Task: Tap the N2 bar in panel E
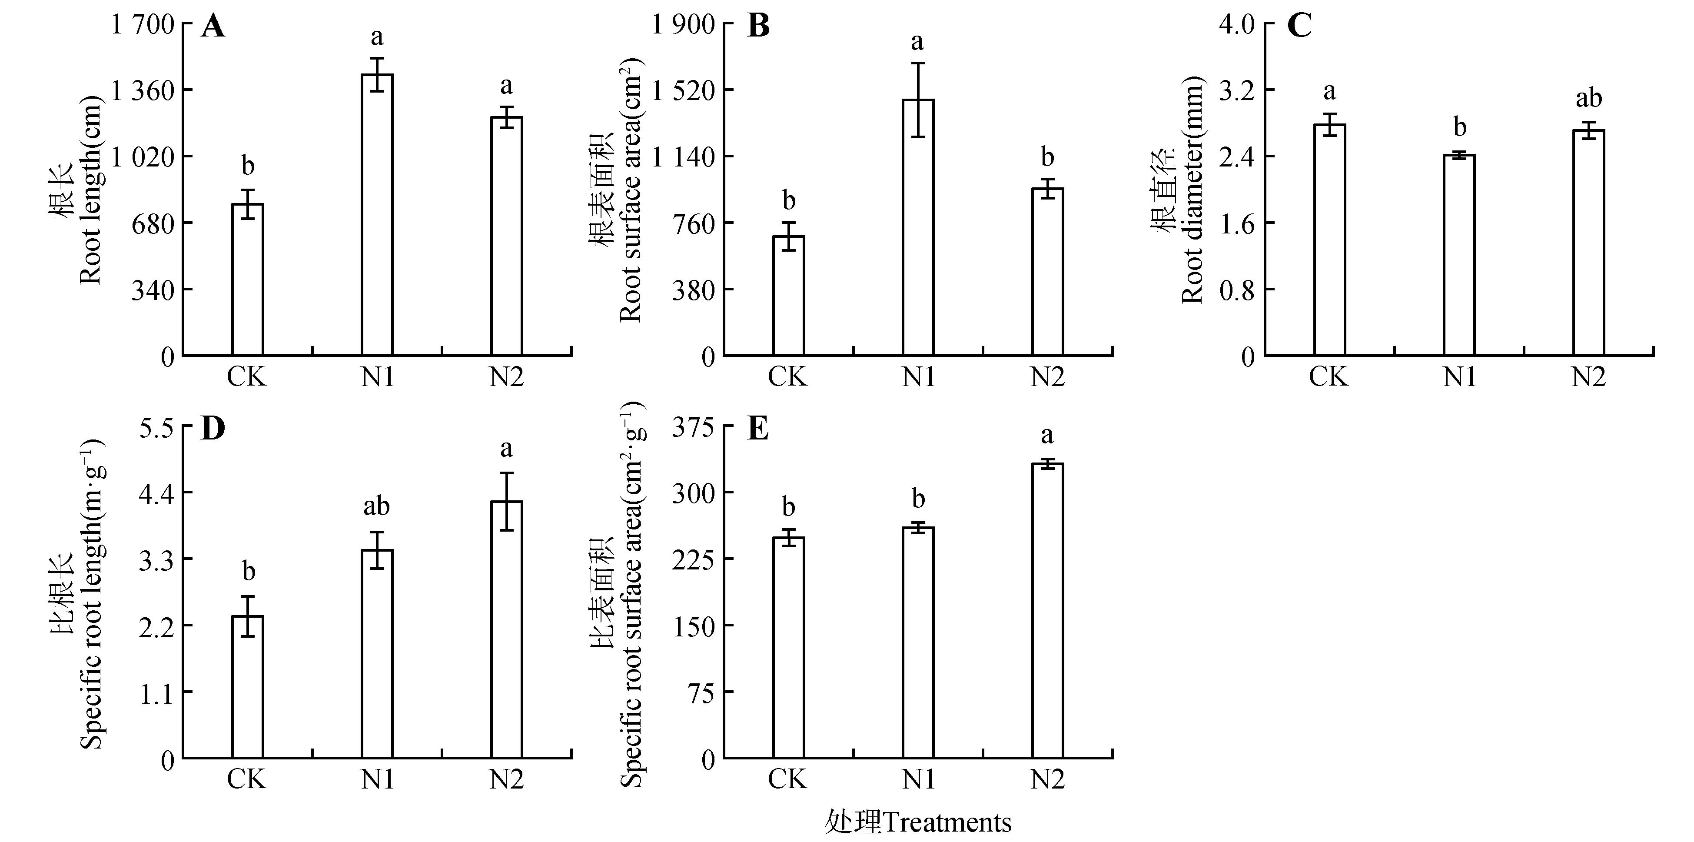[x=1048, y=611]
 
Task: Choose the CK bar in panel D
[x=248, y=687]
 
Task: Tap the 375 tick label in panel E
[x=692, y=427]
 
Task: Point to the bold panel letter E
[x=758, y=429]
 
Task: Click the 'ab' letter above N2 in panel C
[x=1589, y=99]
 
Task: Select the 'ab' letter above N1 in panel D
[x=377, y=506]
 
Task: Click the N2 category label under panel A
[x=506, y=377]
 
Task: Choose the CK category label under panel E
[x=787, y=779]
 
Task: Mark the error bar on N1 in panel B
[x=918, y=100]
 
